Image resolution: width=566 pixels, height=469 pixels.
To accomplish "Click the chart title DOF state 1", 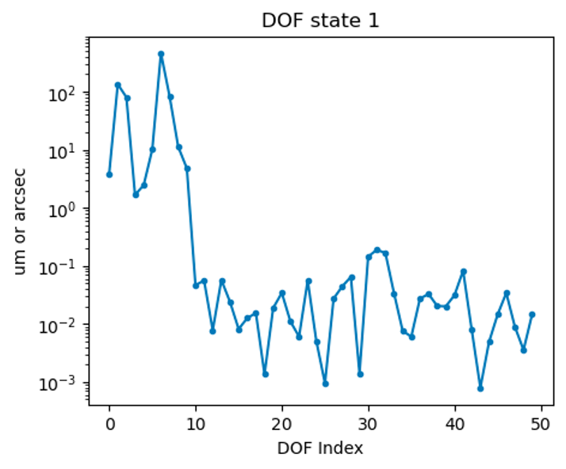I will click(320, 21).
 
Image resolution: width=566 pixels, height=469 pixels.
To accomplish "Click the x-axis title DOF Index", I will click(320, 448).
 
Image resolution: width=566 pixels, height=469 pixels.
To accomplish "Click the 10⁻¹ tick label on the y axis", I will click(63, 266).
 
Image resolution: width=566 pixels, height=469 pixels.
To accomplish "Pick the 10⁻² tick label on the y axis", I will click(63, 324).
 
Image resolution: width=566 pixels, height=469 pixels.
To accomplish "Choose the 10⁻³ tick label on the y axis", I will click(63, 382).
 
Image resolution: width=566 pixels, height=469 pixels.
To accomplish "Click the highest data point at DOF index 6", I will click(161, 54).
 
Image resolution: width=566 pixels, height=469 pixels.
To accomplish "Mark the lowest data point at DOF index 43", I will click(480, 388).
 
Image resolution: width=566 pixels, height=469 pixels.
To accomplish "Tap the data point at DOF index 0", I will click(109, 174).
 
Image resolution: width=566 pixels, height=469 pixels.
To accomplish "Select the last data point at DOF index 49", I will click(532, 315).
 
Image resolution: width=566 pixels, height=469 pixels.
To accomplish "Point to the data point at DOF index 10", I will click(196, 285).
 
